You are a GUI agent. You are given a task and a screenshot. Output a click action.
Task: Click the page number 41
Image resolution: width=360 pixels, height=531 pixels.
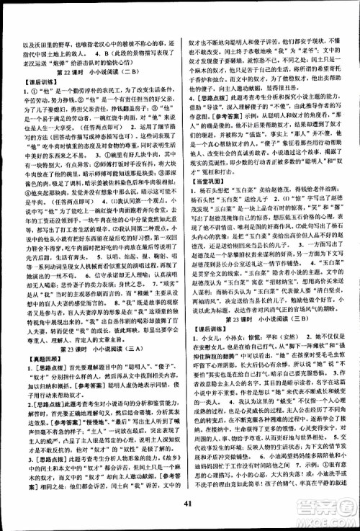[180, 510]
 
